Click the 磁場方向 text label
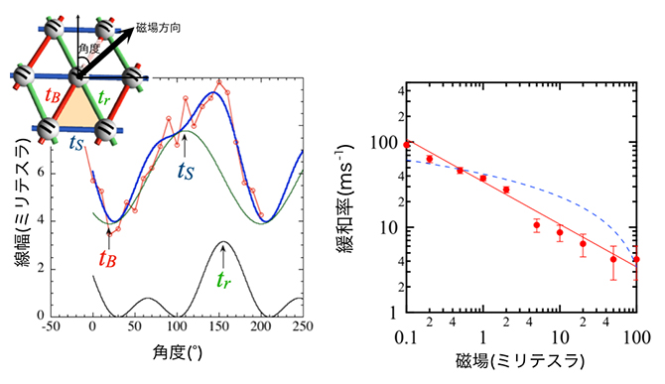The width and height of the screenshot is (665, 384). point(171,29)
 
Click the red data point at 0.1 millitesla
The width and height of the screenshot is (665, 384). point(407,145)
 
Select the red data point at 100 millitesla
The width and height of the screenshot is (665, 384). point(636,260)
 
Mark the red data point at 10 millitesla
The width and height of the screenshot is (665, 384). point(560,233)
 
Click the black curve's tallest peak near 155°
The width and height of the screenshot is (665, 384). point(225,242)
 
